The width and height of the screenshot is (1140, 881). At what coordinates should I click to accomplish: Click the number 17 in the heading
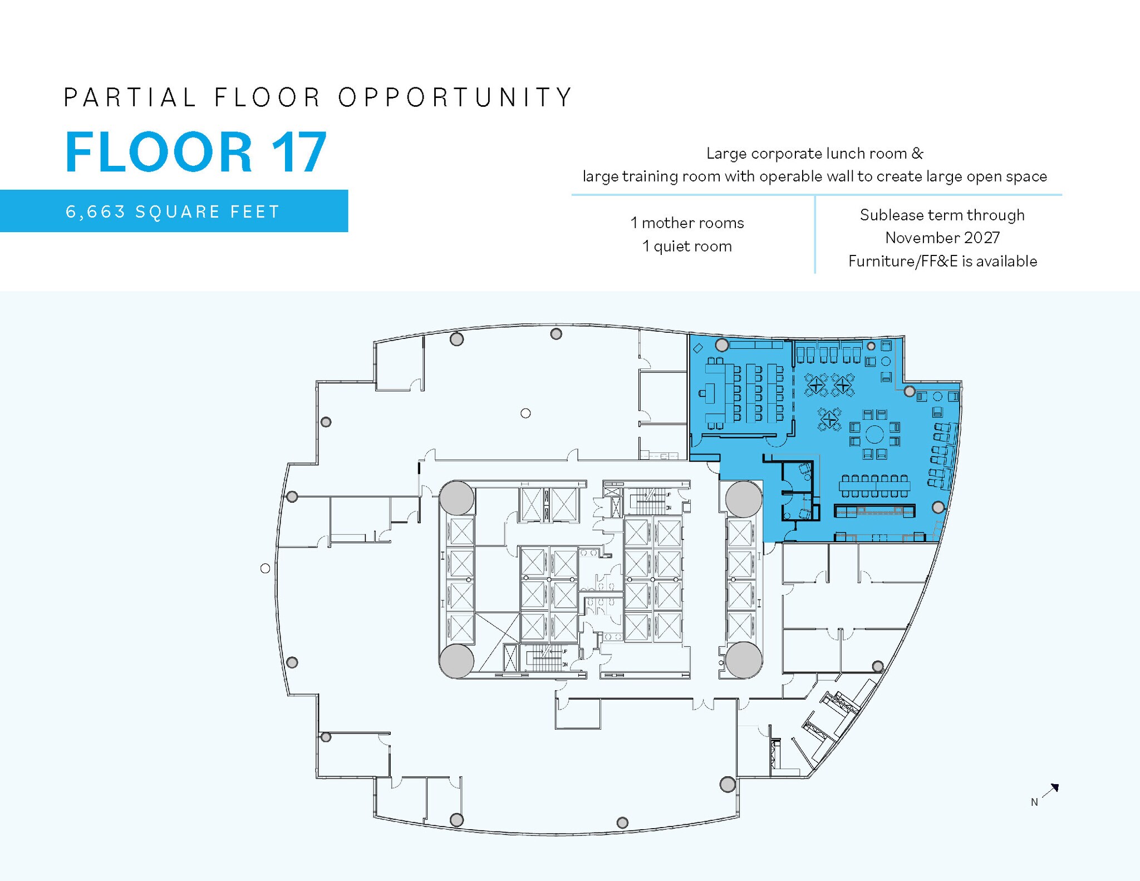299,152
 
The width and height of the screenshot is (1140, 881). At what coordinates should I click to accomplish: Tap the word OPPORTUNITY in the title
455,97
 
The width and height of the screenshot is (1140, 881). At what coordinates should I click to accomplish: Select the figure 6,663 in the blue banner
95,212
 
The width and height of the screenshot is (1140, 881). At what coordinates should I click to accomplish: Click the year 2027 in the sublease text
982,238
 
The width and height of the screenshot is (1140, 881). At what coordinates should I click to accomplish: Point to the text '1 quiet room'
687,247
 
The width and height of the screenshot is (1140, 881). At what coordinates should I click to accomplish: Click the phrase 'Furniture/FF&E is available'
942,262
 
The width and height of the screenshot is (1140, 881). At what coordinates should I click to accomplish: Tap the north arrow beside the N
1051,791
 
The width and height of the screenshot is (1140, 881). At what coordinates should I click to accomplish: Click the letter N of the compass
1034,803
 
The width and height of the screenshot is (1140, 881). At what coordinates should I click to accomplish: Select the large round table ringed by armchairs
874,434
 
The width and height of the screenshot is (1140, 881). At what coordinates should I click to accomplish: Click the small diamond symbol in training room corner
697,349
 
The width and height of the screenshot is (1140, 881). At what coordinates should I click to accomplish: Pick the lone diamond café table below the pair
829,419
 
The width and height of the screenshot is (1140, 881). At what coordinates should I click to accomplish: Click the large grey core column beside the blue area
744,499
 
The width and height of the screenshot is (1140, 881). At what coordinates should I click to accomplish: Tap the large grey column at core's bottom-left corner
456,661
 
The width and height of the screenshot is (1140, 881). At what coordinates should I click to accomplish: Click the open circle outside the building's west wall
266,568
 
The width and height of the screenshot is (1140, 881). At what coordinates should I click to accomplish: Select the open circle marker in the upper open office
525,413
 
